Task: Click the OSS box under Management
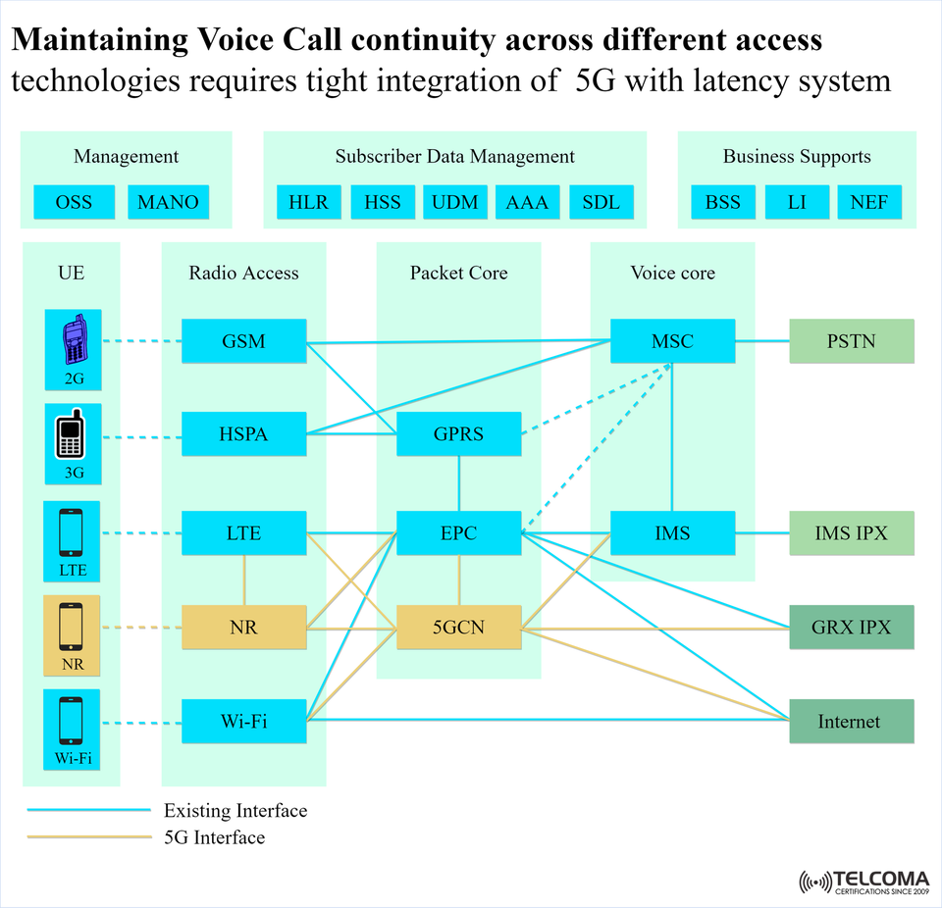point(74,203)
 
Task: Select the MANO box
point(168,203)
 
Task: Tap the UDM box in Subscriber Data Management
point(455,203)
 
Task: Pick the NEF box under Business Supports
point(868,203)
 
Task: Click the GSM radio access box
point(243,342)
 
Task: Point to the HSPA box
point(243,434)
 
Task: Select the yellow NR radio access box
point(243,627)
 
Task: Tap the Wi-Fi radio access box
point(243,723)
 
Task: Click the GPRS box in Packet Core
point(458,434)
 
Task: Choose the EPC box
point(458,534)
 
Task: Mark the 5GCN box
point(458,627)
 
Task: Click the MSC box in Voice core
point(672,342)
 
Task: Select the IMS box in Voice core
point(672,534)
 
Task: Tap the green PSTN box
point(851,342)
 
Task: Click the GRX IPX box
point(851,627)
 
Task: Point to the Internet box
point(851,723)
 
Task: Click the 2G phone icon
point(73,342)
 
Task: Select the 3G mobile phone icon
point(73,436)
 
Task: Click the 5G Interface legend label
point(214,837)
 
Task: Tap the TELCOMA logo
point(864,881)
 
